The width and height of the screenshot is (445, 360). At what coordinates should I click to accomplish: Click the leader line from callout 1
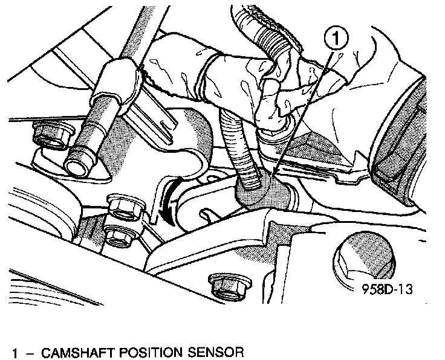[x=302, y=109]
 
